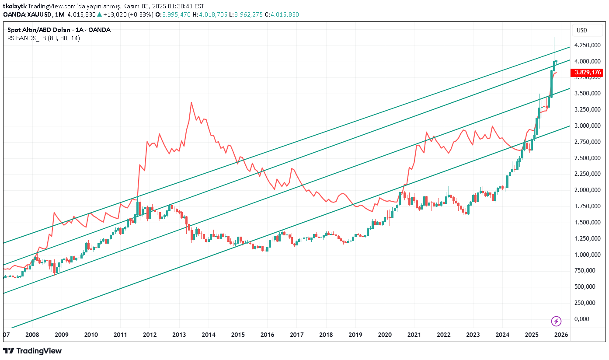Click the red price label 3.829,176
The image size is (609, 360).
[x=588, y=73]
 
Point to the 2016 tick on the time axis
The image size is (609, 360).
[x=267, y=335]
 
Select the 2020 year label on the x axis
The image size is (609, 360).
[x=385, y=335]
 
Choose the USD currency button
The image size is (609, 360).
[x=582, y=30]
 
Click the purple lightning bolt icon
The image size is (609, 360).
[x=556, y=322]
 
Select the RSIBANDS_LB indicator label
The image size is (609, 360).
[x=43, y=38]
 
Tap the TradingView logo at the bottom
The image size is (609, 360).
[x=32, y=351]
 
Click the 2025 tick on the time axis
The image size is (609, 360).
[x=532, y=335]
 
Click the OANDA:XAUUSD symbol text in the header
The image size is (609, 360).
[x=26, y=14]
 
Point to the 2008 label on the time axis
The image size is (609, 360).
[x=32, y=335]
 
